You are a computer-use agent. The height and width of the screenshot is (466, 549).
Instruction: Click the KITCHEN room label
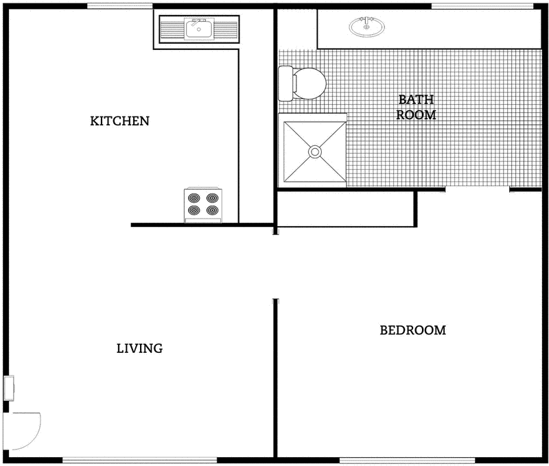coord(120,121)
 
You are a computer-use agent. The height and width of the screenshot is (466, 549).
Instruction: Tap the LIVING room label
coord(139,348)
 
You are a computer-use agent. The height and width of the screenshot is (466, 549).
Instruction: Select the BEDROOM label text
coord(412,330)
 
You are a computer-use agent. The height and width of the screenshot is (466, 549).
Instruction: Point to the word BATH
coord(416,100)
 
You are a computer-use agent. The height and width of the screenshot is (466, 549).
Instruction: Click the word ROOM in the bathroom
coord(416,114)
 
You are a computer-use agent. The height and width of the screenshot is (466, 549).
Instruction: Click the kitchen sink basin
coord(198,29)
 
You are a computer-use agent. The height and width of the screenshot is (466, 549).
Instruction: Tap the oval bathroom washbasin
coord(367,27)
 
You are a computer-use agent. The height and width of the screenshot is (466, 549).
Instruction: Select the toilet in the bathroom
coord(305,82)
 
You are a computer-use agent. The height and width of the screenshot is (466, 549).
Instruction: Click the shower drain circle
coord(315,151)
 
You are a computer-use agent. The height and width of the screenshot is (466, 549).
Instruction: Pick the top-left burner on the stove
coord(194,198)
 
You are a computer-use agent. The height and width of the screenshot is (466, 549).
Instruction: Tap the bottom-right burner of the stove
coord(213,210)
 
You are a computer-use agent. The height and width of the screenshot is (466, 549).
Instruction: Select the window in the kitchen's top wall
coord(120,5)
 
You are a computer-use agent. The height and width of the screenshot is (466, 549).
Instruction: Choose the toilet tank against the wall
coord(285,82)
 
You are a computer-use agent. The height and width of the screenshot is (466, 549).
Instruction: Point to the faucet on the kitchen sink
coord(198,22)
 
